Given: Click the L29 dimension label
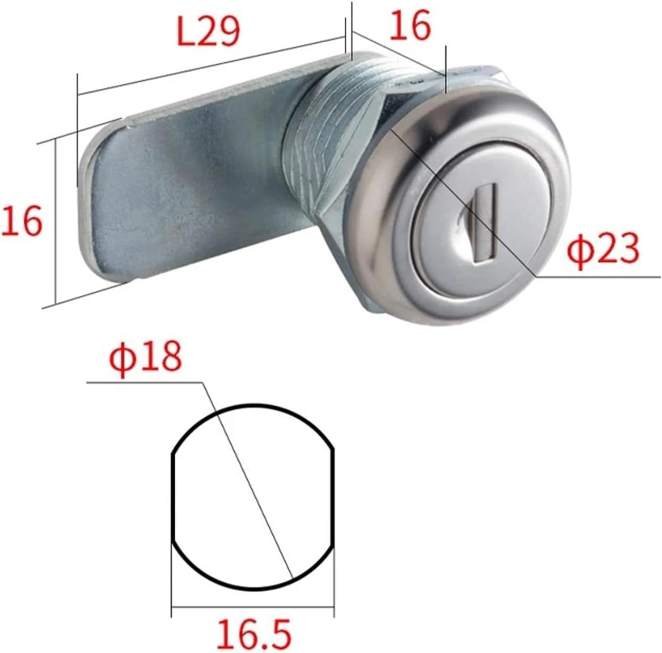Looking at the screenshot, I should [209, 32].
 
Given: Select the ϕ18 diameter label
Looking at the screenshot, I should [145, 357].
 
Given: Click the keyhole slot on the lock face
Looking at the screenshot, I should [480, 220].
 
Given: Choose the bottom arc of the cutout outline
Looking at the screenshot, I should [253, 588].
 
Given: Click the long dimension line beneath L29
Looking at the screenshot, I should [211, 67].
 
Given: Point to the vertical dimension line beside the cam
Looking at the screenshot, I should [55, 222].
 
